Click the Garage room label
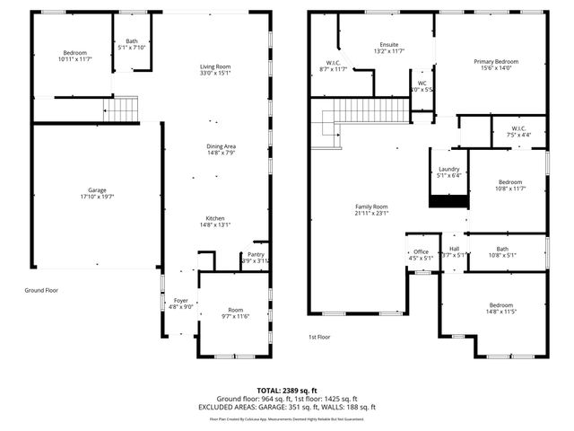point(97,189)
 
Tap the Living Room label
point(214,67)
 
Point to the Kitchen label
point(214,219)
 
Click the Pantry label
point(256,255)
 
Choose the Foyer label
point(180,301)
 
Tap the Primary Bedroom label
point(496,61)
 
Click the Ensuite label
point(389,45)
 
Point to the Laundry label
point(448,170)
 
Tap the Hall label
point(454,249)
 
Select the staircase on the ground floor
point(124,110)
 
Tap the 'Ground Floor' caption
point(41,290)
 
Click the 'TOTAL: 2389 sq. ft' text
point(286,391)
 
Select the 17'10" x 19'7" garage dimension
point(97,196)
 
